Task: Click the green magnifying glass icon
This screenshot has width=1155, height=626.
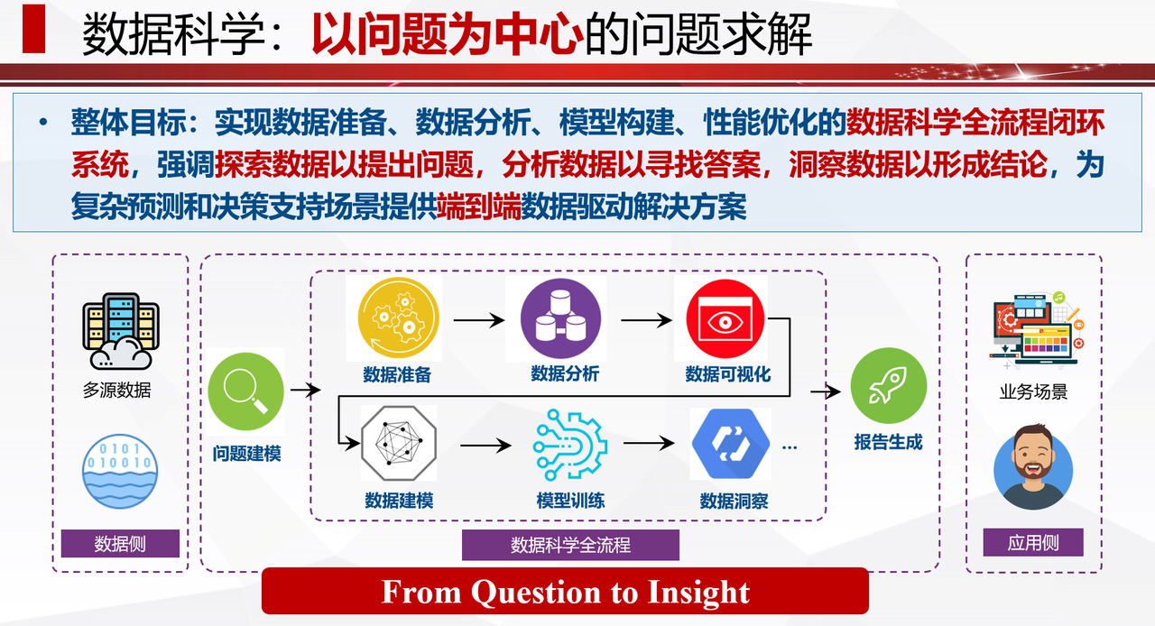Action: (x=246, y=391)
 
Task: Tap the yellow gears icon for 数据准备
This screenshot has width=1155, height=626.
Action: (x=398, y=318)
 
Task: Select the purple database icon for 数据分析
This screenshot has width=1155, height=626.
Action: (x=560, y=318)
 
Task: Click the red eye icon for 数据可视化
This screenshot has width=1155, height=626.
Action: (x=725, y=318)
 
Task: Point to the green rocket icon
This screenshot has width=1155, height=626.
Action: (x=889, y=386)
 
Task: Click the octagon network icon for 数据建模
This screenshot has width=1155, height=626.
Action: (x=399, y=443)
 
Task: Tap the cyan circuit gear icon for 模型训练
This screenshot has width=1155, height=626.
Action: (x=569, y=445)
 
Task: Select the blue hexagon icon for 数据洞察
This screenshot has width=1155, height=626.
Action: (x=731, y=444)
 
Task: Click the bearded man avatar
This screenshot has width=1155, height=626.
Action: (x=1033, y=467)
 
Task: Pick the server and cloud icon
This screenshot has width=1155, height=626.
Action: (x=121, y=331)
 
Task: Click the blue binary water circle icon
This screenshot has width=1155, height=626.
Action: (x=120, y=472)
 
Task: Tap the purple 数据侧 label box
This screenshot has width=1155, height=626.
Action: (x=120, y=544)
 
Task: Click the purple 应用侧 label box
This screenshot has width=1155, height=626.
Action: (x=1033, y=542)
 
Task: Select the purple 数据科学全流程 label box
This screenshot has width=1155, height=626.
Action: (x=570, y=545)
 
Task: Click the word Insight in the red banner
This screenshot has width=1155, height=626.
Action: (x=698, y=592)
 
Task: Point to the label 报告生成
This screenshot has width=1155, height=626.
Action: (x=888, y=442)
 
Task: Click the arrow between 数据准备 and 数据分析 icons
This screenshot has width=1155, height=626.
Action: (x=479, y=320)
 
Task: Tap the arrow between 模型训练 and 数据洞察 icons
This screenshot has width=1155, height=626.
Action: (x=649, y=442)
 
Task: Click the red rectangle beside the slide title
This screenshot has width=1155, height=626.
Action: (x=34, y=28)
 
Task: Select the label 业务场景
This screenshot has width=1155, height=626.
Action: (x=1033, y=391)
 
